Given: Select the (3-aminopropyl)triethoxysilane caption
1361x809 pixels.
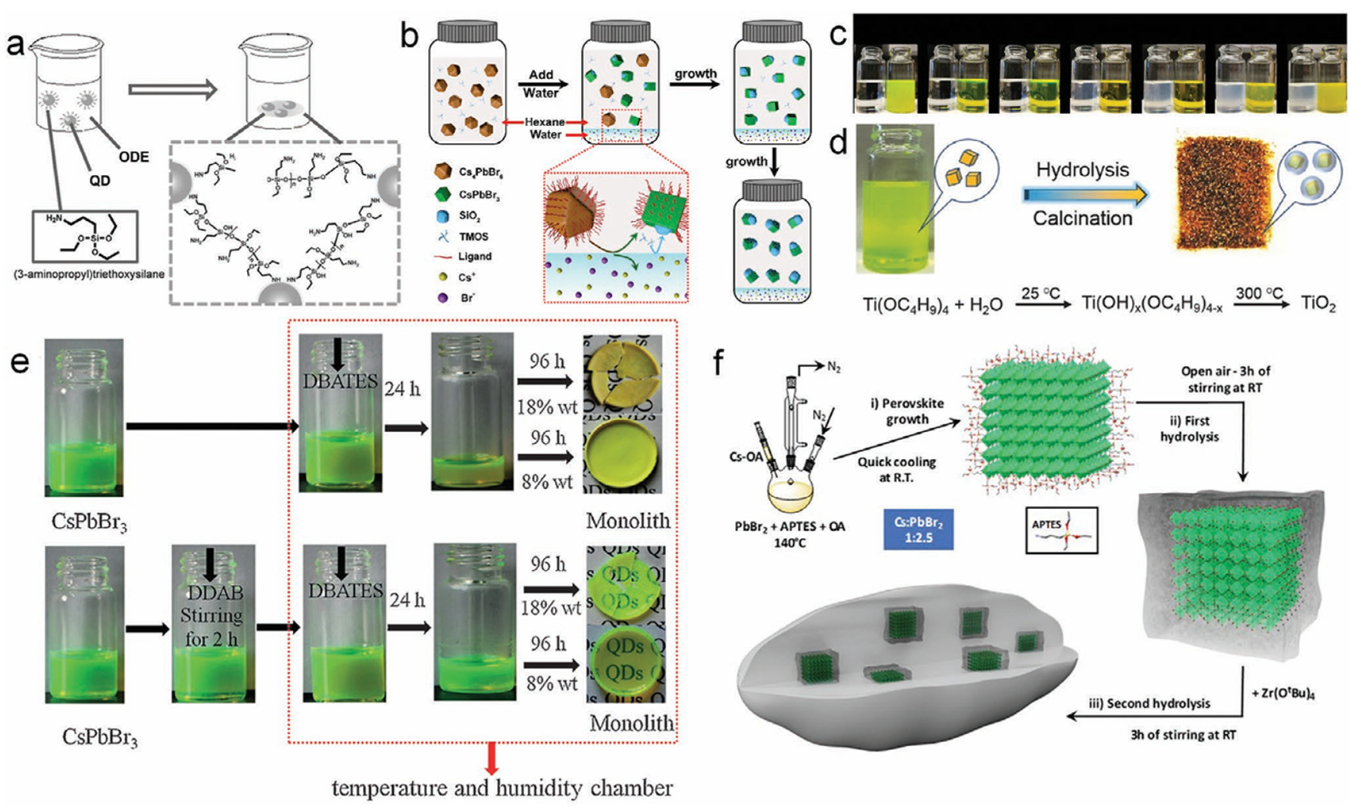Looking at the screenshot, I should click(89, 274).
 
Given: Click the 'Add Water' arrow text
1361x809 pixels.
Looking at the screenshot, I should click(540, 83).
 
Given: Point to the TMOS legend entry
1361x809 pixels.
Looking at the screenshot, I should click(473, 237).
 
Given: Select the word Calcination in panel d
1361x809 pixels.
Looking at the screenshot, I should click(1082, 218).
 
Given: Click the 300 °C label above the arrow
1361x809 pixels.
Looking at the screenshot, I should click(1259, 293).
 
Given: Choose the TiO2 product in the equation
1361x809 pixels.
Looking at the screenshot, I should click(1318, 304).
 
